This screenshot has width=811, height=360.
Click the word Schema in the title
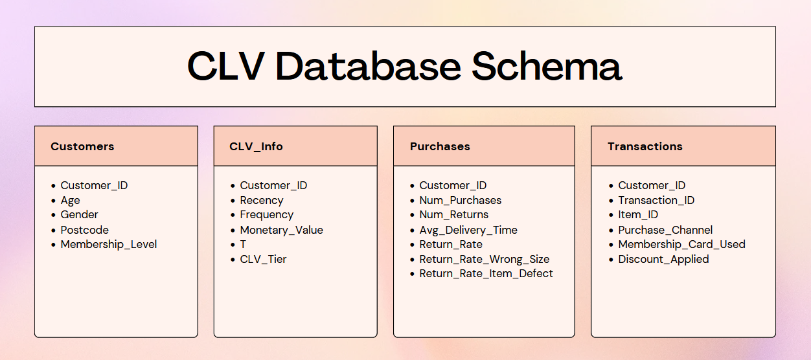(x=547, y=66)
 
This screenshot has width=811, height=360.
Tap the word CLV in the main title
(x=226, y=66)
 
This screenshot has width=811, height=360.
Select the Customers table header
(x=82, y=146)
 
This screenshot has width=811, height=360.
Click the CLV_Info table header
(x=256, y=146)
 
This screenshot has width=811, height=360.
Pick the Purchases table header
(x=440, y=146)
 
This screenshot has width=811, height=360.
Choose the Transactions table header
(x=645, y=146)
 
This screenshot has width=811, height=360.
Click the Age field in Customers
(x=70, y=201)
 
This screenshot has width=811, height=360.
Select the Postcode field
(x=84, y=230)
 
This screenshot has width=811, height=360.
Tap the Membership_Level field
(x=109, y=244)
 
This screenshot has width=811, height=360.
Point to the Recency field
(x=262, y=201)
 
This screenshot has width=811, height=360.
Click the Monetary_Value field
(x=281, y=230)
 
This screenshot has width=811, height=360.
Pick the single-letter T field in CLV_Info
(x=243, y=244)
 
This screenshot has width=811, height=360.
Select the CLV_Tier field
(x=263, y=260)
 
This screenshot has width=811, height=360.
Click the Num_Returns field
(x=453, y=215)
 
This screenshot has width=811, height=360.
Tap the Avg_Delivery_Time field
(x=468, y=230)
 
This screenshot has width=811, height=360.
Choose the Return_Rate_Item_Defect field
(x=486, y=274)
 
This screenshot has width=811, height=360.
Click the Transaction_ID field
(x=656, y=201)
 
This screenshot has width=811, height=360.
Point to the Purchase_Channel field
(x=665, y=230)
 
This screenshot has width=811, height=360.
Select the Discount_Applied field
(x=663, y=260)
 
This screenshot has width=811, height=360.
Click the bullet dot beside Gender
(x=53, y=215)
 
